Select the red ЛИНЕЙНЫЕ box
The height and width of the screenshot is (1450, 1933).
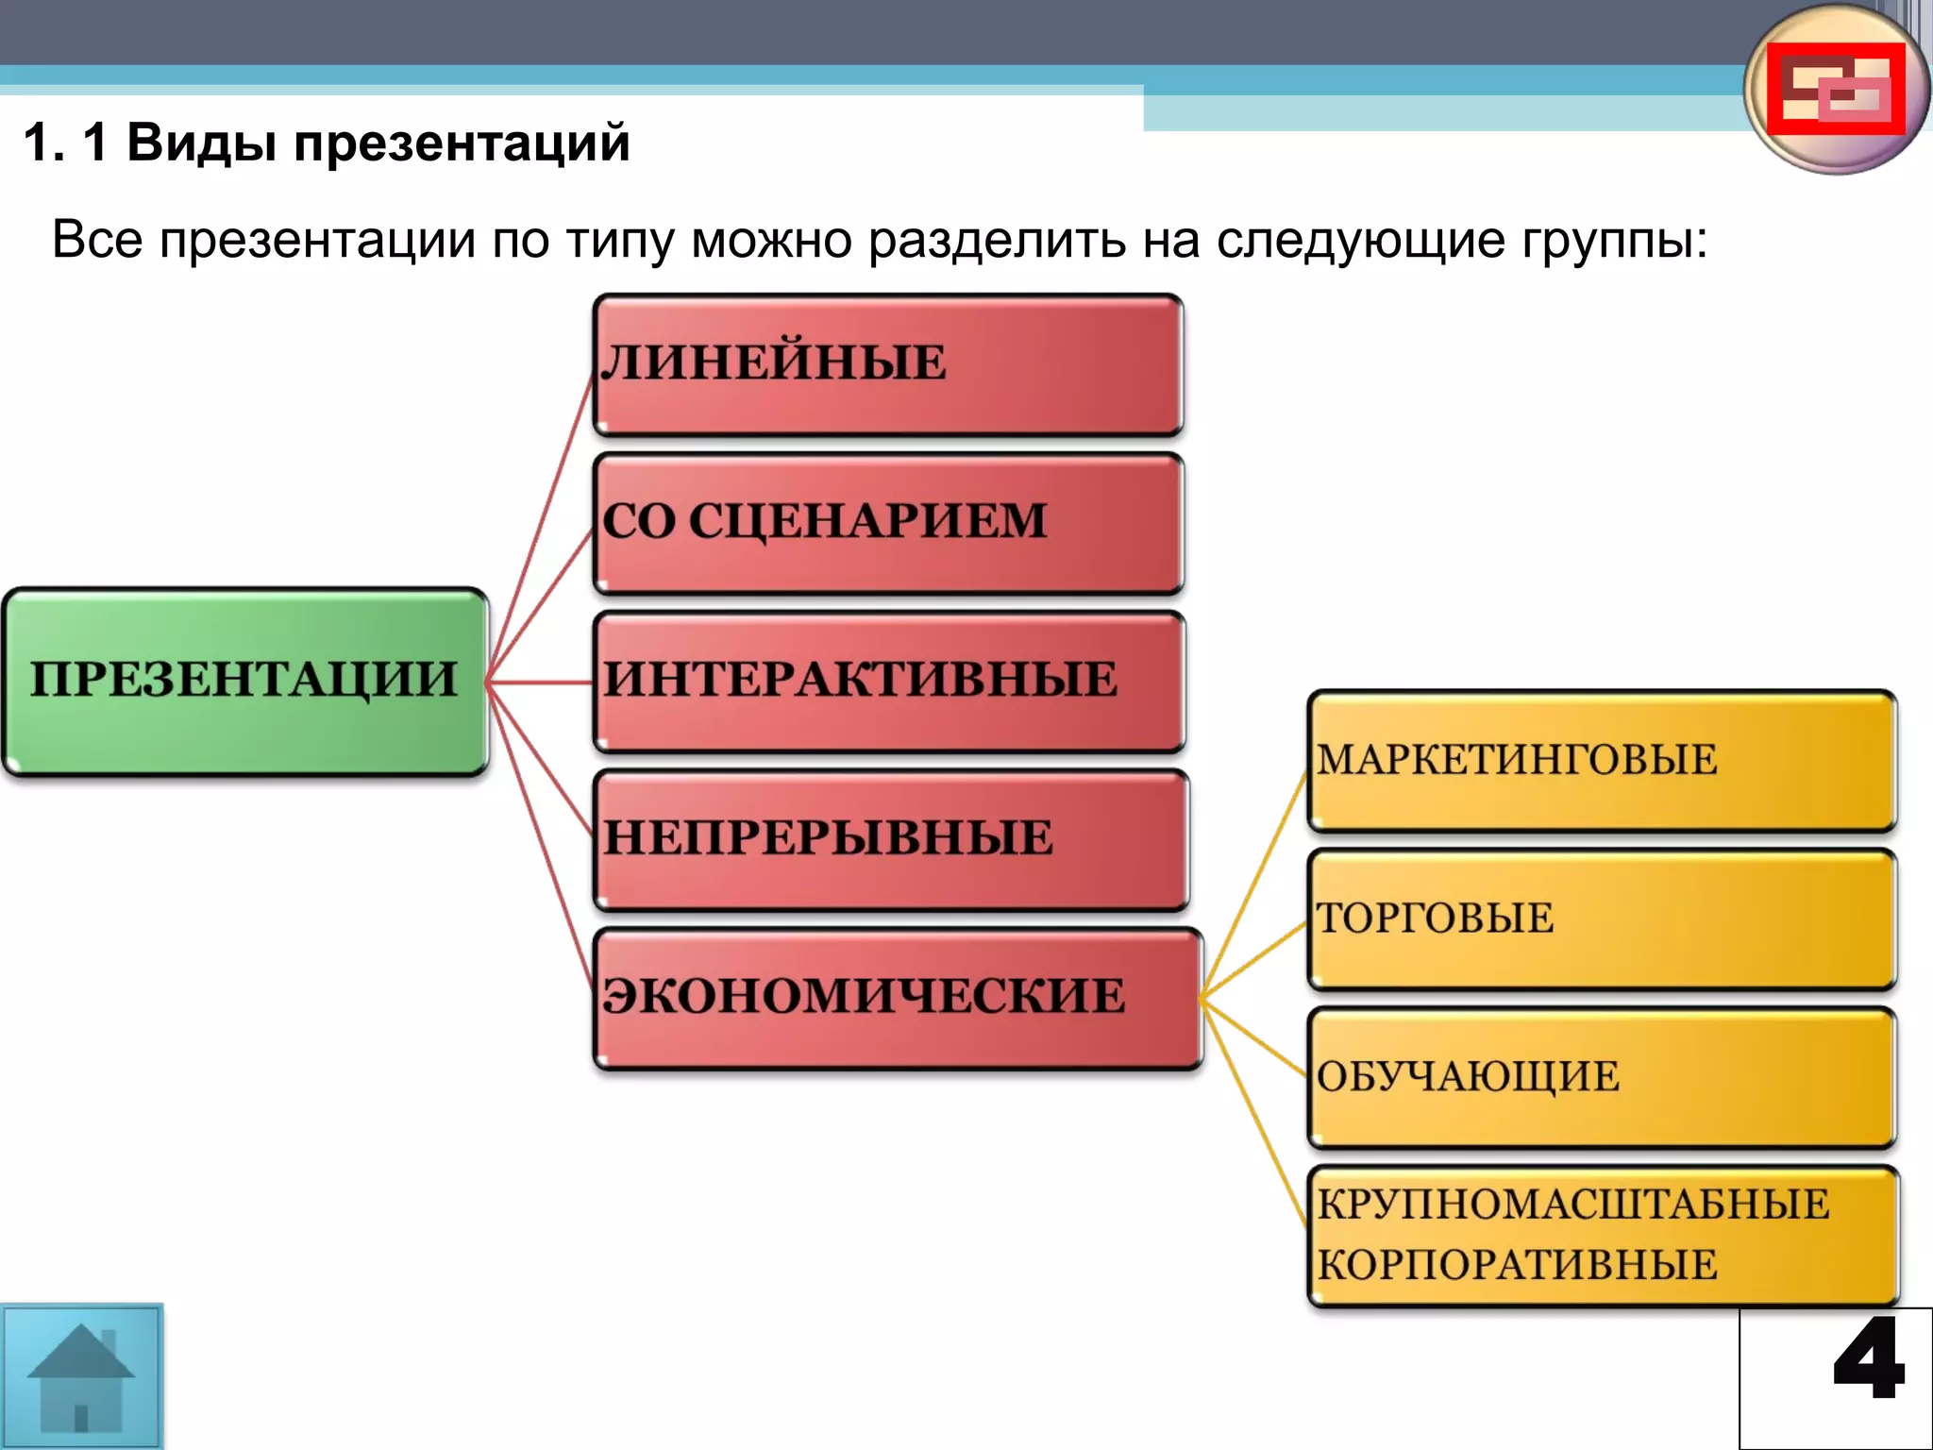[887, 364]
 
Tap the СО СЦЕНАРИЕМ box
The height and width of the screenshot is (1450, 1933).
[887, 523]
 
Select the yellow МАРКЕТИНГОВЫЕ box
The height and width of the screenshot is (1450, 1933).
[1601, 761]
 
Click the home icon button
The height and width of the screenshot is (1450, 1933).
[81, 1376]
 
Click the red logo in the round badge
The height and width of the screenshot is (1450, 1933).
[1835, 89]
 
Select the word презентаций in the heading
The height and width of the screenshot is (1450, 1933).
[461, 143]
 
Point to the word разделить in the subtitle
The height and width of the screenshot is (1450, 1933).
[997, 240]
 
